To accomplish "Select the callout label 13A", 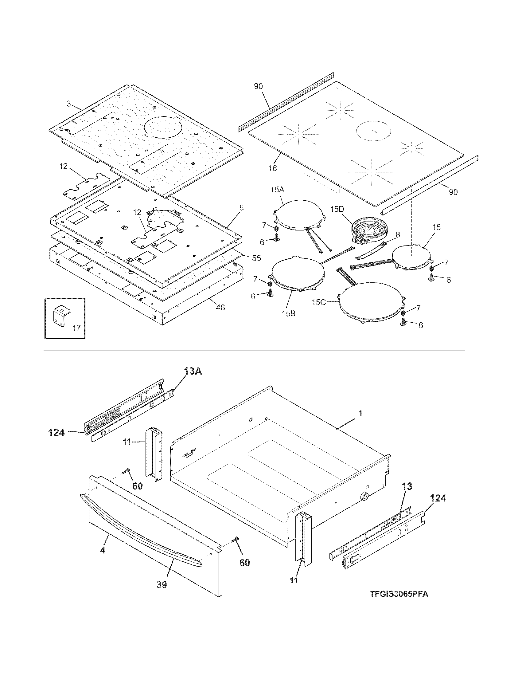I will pos(193,371).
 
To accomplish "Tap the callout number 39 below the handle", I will pos(162,584).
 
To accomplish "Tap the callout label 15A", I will pos(277,190).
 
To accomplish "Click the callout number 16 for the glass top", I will pos(272,168).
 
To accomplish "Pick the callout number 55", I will pos(256,258).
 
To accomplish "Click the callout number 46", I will pos(220,307).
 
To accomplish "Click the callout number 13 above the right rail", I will pos(407,486).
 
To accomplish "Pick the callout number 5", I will pos(241,208).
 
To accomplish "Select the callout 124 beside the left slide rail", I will pos(56,432).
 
